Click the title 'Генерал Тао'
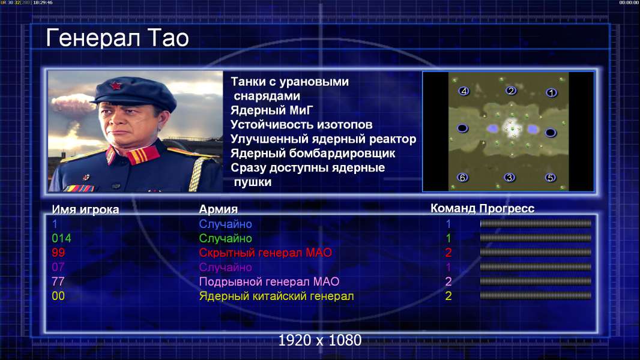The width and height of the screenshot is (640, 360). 117,38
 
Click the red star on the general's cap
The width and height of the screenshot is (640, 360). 115,86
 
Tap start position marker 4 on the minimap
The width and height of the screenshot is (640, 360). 463,91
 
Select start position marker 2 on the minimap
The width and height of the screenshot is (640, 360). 511,91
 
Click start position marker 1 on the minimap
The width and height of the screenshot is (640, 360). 551,93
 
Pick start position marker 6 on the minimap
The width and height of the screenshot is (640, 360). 462,178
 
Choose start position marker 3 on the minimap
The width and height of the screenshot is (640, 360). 509,178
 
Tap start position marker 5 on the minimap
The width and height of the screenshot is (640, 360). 550,178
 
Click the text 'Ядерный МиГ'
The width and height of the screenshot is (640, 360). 272,110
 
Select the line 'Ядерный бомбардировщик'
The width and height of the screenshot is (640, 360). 313,153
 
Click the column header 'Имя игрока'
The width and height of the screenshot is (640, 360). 85,209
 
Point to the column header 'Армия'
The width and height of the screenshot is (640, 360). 218,209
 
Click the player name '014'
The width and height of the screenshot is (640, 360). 62,238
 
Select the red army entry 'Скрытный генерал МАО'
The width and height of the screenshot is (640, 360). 265,253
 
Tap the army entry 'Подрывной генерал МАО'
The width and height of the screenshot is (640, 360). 269,282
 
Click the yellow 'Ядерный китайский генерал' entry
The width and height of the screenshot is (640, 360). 276,296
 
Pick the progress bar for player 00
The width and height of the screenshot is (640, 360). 536,295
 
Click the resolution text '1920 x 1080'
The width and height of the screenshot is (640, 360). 319,340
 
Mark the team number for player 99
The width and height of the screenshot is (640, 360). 448,253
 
